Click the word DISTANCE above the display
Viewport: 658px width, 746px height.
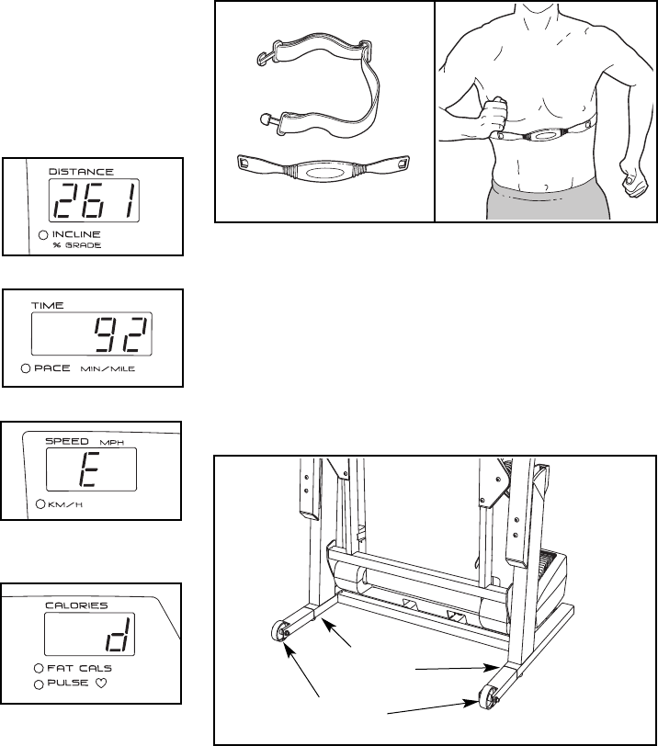point(81,171)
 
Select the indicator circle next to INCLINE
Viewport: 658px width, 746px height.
point(43,235)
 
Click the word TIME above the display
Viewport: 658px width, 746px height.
point(48,305)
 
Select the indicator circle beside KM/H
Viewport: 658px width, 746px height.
point(40,504)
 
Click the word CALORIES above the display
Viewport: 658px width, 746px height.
point(76,605)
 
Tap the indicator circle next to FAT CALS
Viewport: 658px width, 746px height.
point(39,668)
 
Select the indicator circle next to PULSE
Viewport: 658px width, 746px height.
point(39,684)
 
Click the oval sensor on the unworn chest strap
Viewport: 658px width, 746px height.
point(323,172)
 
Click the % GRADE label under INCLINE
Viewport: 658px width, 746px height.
point(76,246)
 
